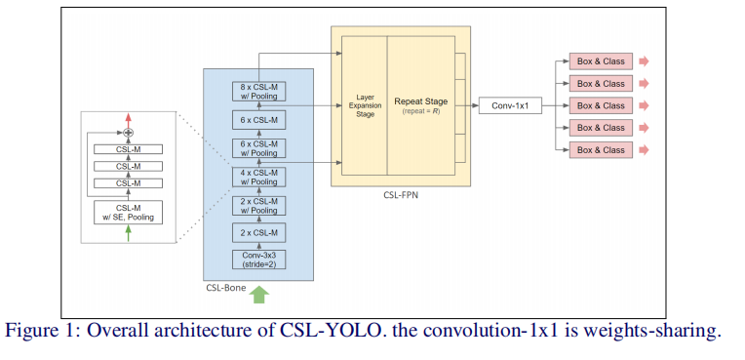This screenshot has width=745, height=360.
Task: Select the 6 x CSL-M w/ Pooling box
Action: tap(258, 148)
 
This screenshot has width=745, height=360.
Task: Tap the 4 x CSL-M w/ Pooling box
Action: tap(258, 177)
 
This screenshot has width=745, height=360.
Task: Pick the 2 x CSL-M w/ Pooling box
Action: tap(258, 205)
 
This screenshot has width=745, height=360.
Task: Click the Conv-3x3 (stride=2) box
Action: tap(258, 260)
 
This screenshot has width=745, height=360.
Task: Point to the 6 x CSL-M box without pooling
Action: tap(258, 120)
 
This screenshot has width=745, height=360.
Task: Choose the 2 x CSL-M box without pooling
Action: tap(258, 232)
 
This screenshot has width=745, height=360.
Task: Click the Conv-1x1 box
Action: tap(510, 105)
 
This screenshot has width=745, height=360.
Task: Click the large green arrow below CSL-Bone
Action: tap(258, 293)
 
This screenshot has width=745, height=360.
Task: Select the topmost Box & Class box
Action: tap(601, 60)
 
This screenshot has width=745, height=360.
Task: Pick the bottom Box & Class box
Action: tap(601, 150)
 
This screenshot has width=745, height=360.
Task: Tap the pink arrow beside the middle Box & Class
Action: tap(644, 105)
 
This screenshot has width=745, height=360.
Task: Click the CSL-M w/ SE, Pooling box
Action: tap(128, 212)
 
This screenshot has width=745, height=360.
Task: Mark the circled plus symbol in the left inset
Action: tap(128, 132)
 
